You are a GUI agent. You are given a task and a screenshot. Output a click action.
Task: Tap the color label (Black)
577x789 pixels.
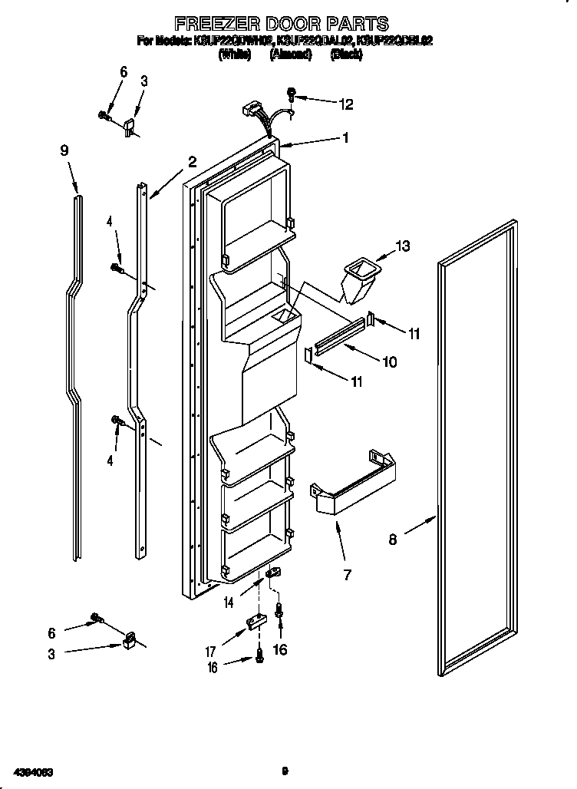point(346,54)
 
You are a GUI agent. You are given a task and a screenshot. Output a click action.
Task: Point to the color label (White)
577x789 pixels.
point(235,54)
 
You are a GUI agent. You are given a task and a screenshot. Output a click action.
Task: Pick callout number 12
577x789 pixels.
point(346,104)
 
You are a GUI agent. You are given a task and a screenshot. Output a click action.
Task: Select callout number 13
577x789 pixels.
point(402,246)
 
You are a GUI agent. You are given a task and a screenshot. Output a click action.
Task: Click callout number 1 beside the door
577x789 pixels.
point(346,138)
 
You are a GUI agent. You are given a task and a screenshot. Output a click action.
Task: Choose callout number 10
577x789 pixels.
point(390,361)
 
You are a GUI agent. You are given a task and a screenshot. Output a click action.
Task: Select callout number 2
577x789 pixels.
point(192,162)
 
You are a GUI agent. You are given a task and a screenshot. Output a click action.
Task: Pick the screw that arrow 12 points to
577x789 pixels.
point(292,95)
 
